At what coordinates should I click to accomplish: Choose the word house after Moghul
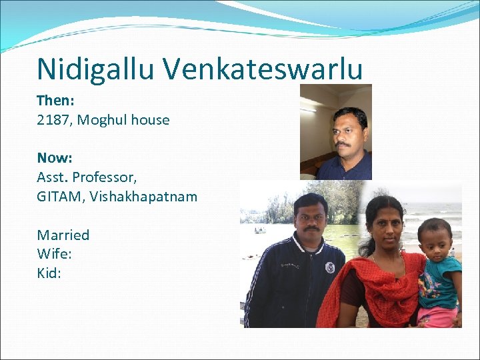click(x=151, y=120)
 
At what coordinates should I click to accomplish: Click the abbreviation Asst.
click(x=53, y=177)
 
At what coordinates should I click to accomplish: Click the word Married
click(x=63, y=235)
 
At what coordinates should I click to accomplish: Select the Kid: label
click(x=49, y=273)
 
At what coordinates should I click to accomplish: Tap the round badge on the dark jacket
click(x=329, y=267)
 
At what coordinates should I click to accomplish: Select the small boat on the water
click(x=259, y=230)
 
